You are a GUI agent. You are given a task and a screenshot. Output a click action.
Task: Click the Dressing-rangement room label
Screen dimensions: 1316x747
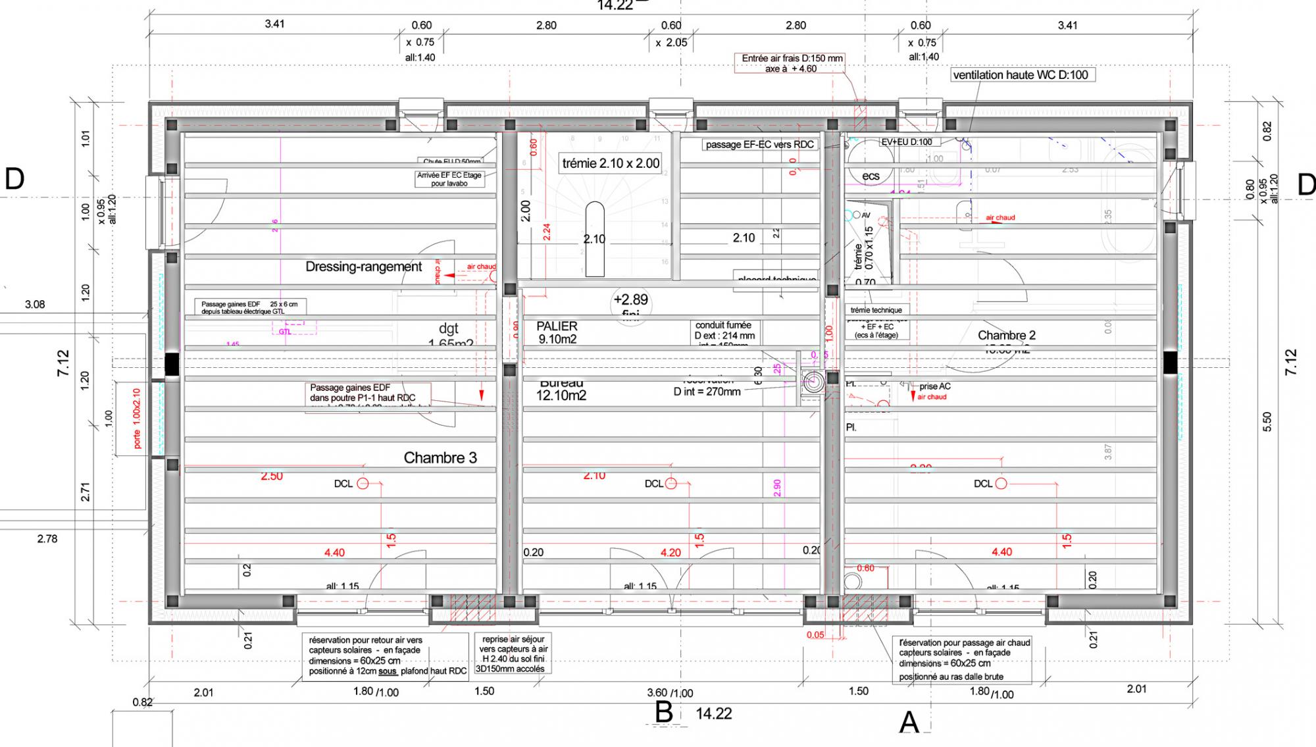click(363, 267)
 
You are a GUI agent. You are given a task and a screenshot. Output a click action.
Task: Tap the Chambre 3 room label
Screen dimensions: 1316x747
click(440, 458)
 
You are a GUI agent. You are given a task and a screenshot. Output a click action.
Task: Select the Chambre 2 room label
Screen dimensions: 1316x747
click(1006, 336)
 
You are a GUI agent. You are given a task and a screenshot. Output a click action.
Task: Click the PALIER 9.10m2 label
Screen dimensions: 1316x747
click(557, 332)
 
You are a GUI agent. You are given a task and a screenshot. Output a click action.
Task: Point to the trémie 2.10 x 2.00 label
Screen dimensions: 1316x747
click(611, 163)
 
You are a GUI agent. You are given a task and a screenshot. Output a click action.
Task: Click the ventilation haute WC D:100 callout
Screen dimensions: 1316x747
click(1021, 75)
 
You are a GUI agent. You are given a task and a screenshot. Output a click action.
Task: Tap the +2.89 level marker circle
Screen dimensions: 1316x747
click(630, 303)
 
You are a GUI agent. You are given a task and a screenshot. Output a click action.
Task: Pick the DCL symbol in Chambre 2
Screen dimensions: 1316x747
click(1001, 484)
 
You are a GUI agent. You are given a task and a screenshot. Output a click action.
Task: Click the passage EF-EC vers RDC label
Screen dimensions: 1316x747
click(759, 144)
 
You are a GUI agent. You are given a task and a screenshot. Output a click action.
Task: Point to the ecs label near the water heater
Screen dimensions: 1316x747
click(871, 176)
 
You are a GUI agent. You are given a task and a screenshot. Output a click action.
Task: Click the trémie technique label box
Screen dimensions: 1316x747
click(876, 310)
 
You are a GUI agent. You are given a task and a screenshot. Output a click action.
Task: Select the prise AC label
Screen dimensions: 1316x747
click(934, 386)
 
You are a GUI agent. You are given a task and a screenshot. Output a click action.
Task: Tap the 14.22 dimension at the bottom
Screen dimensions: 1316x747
click(713, 713)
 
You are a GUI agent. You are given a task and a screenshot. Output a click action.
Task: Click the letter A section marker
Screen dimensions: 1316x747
click(909, 722)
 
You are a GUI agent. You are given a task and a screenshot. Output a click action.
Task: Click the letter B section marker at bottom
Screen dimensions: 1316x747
click(663, 712)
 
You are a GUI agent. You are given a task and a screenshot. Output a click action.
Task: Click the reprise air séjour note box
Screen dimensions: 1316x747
click(512, 654)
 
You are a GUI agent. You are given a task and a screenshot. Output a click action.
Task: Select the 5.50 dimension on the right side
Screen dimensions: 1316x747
click(1267, 421)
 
